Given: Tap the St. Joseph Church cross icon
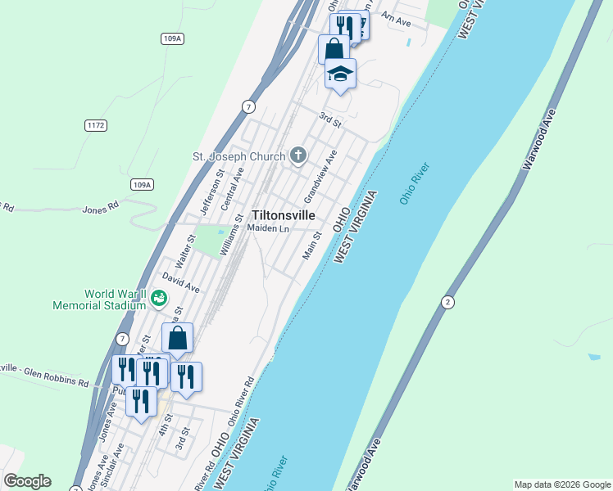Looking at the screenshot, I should coord(298,155).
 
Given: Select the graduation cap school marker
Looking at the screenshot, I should coord(340,74).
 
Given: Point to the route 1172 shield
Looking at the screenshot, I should coord(95,125).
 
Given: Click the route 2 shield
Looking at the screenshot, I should coord(447,302).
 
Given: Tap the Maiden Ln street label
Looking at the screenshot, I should coord(269,228).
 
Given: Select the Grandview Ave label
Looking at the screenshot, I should coord(320,177).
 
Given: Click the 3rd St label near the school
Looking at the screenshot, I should coord(329,119).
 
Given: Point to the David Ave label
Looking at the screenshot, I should coord(180,283).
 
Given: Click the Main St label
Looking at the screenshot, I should coord(311,245).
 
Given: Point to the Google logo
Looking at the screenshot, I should coord(28,481).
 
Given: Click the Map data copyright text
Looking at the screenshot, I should coord(562,484).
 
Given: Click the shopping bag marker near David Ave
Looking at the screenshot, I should coord(178,339).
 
